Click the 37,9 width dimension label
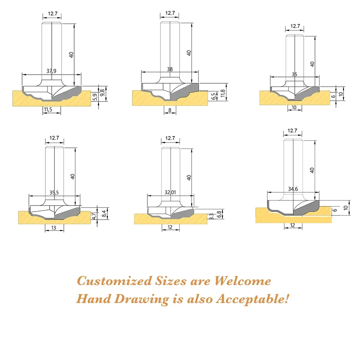click(x=51, y=71)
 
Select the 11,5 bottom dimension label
click(x=48, y=109)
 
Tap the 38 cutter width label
click(x=170, y=69)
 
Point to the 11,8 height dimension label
click(x=222, y=93)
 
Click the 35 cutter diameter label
click(x=295, y=74)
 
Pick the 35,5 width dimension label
click(x=54, y=192)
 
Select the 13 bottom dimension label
click(x=54, y=228)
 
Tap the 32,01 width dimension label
click(x=170, y=192)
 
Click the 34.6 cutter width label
click(x=293, y=189)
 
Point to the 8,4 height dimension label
click(x=104, y=214)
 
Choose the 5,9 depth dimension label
click(x=95, y=97)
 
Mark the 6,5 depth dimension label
click(x=213, y=96)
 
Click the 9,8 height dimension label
click(x=102, y=93)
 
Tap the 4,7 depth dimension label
click(x=94, y=216)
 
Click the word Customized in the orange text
click(x=114, y=281)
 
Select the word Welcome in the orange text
click(x=243, y=281)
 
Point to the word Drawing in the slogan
click(x=141, y=299)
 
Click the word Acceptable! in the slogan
click(x=252, y=299)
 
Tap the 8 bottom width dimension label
click(x=170, y=110)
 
